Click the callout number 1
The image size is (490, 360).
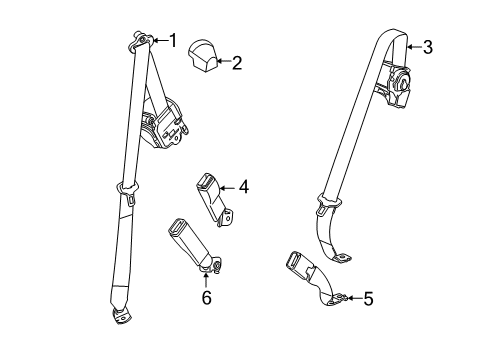(x=172, y=40)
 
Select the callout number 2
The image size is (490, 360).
(x=236, y=64)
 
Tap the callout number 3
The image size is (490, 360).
(x=428, y=46)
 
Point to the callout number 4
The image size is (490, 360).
(x=243, y=185)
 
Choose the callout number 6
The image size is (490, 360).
(x=207, y=298)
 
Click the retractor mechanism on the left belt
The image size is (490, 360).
(x=163, y=122)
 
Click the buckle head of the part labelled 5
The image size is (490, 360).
(x=300, y=266)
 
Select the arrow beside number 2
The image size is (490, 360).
(x=224, y=64)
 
